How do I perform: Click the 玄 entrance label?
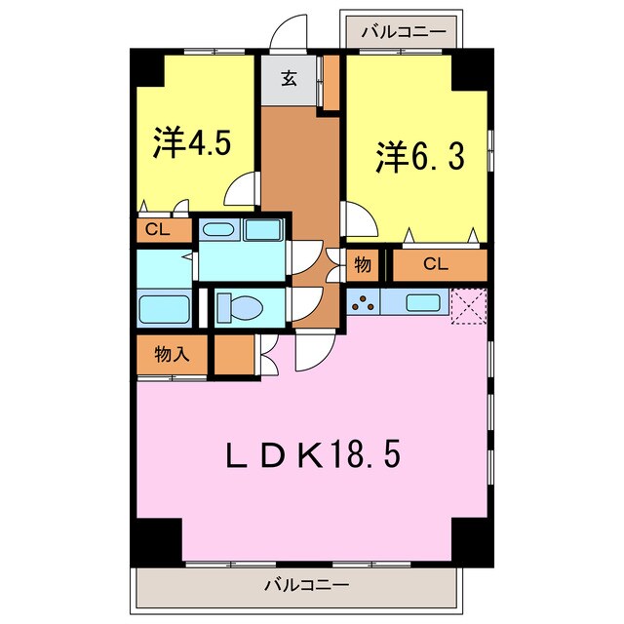(x=290, y=80)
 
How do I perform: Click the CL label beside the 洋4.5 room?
(x=156, y=231)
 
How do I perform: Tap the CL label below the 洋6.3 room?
(x=436, y=264)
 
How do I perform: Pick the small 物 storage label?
(x=362, y=264)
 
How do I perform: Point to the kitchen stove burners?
(x=363, y=303)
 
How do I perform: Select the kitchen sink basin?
(x=421, y=303)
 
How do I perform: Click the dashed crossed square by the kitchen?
(x=467, y=304)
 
